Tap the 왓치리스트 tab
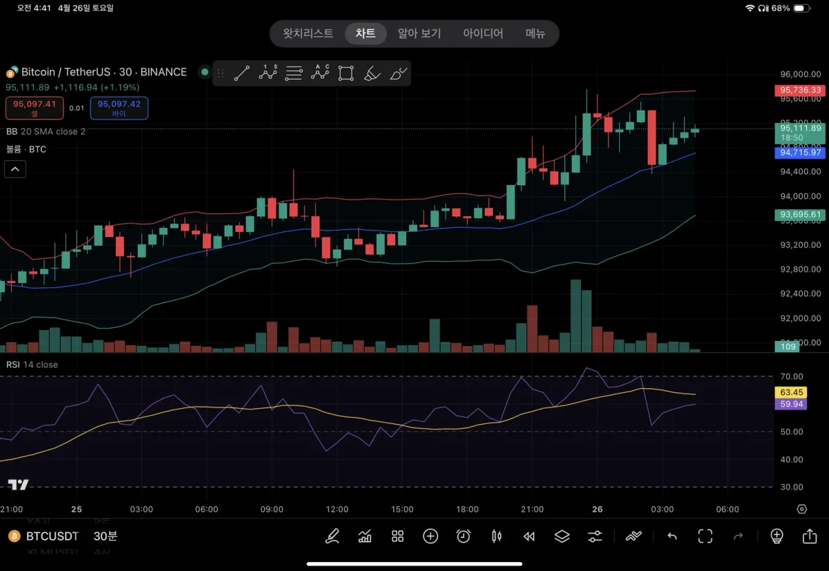pyautogui.click(x=308, y=33)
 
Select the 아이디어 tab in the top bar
pyautogui.click(x=483, y=33)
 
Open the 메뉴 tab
pyautogui.click(x=535, y=33)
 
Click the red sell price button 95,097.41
pyautogui.click(x=35, y=108)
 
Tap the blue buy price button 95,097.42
pyautogui.click(x=119, y=108)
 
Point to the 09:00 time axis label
pyautogui.click(x=271, y=510)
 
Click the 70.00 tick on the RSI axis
pyautogui.click(x=792, y=376)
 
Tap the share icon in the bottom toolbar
pyautogui.click(x=810, y=536)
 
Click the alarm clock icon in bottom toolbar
pyautogui.click(x=464, y=536)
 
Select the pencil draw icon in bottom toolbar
pyautogui.click(x=332, y=536)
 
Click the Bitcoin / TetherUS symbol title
pyautogui.click(x=104, y=72)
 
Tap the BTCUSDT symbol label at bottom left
pyautogui.click(x=52, y=536)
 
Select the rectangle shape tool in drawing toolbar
pyautogui.click(x=346, y=73)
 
